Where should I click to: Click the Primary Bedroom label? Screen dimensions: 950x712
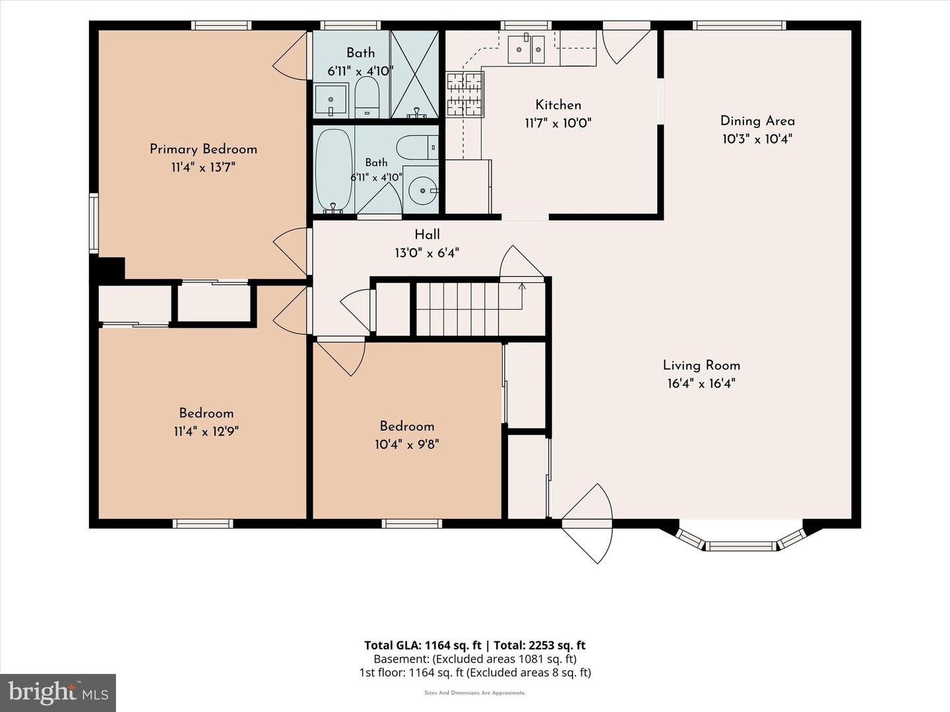coord(203,149)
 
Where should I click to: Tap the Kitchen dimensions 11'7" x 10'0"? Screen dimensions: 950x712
coord(558,123)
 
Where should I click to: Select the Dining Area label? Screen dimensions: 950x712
coord(757,121)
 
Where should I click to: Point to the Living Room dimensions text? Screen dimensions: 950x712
coord(701,384)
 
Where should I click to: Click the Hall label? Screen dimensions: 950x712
coord(427,235)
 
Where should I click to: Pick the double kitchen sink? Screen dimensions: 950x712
coord(526,49)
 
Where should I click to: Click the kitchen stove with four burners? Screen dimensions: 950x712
coord(465,94)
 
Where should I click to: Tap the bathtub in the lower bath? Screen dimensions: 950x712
coord(334,171)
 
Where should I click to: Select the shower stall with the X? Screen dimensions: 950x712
coord(414,74)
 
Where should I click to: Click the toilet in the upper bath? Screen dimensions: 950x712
coord(367,97)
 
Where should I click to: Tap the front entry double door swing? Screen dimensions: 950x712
coord(587,523)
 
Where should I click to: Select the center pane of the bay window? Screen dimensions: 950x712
coord(741,546)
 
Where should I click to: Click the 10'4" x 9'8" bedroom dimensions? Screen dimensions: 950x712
coord(407,444)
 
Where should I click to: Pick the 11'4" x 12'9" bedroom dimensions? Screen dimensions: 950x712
coord(206,431)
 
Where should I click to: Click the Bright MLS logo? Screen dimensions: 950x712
coord(58,693)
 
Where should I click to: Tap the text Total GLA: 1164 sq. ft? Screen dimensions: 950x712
coord(422,645)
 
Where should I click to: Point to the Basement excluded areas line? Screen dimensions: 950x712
coord(475,659)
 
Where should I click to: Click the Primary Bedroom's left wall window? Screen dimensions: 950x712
coord(94,223)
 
